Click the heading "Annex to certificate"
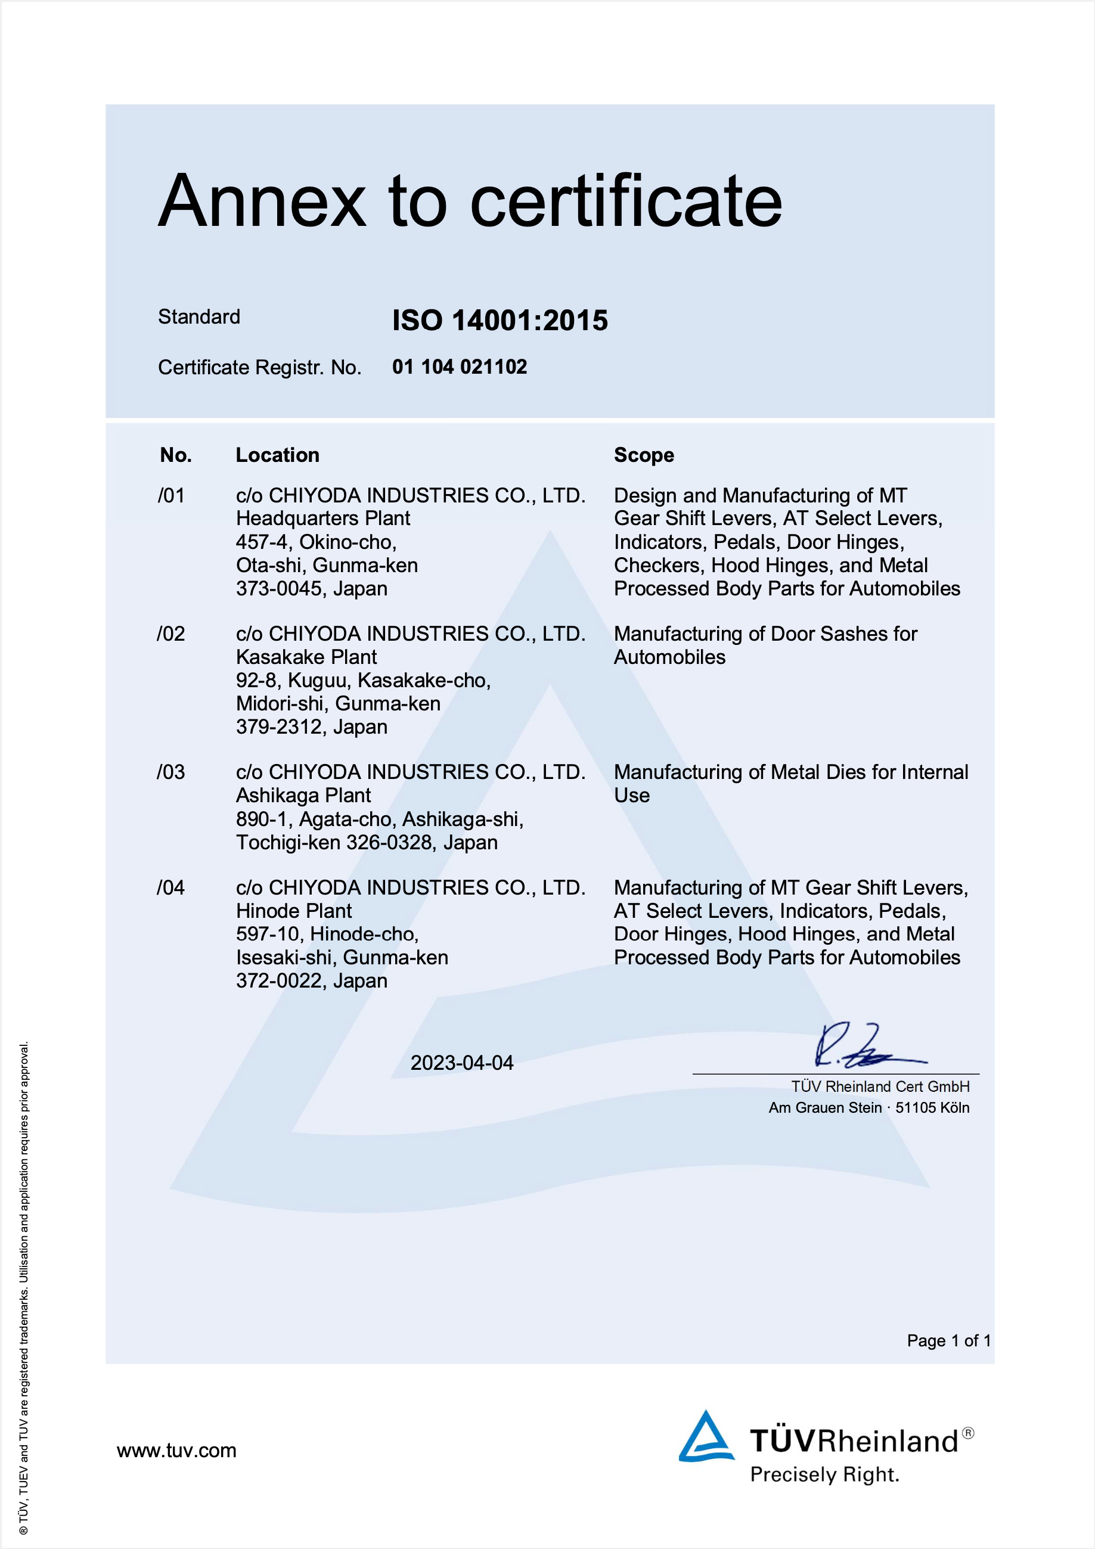point(470,201)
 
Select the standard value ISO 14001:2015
point(500,321)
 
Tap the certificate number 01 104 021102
point(460,367)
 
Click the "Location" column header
point(277,455)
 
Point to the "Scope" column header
point(644,455)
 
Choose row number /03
point(170,772)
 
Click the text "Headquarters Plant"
point(322,518)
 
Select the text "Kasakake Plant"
point(306,657)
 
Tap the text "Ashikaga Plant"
point(303,796)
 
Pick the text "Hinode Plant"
point(293,911)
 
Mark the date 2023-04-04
point(462,1063)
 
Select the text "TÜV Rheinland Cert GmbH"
point(880,1086)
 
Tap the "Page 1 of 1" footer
point(948,1340)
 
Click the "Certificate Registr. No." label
point(260,368)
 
